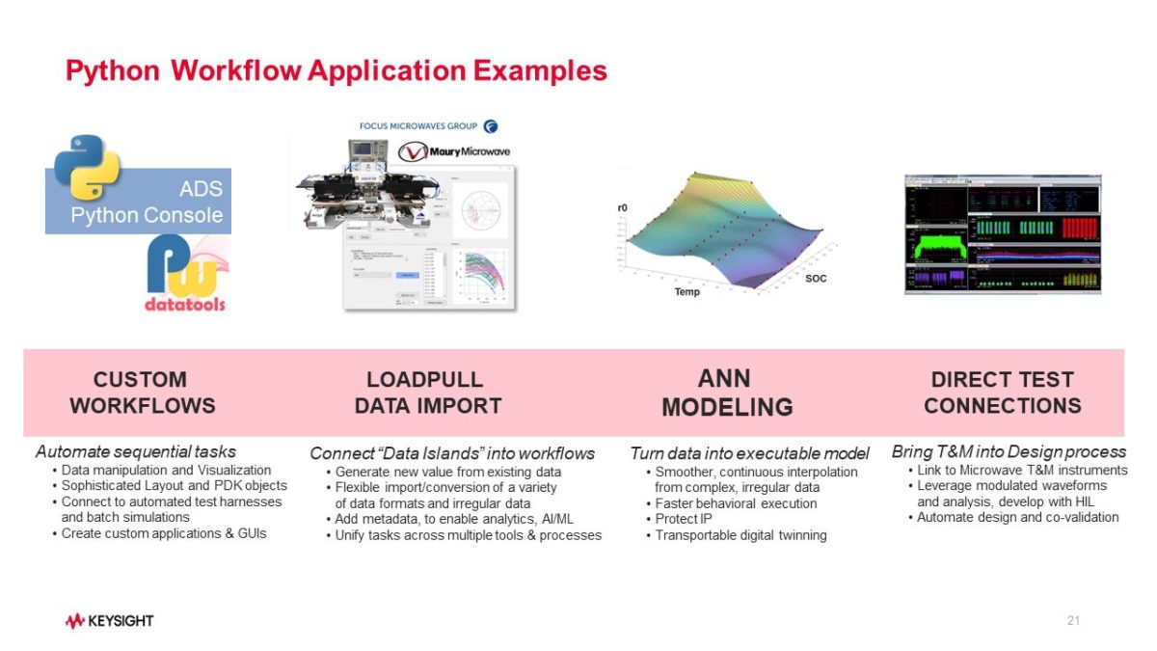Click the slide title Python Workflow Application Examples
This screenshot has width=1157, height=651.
pos(336,70)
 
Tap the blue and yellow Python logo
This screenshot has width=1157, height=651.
pos(87,166)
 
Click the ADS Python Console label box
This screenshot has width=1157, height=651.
pos(154,203)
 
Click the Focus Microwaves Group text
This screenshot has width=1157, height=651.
pos(419,126)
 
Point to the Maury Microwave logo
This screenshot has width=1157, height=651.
pos(455,151)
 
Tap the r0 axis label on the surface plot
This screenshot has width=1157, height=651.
pos(622,208)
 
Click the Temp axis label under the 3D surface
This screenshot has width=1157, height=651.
pos(686,291)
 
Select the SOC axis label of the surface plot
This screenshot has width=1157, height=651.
pos(815,279)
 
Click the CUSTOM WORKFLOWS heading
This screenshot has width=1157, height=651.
pos(141,392)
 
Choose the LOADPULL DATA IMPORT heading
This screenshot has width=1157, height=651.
pos(427,392)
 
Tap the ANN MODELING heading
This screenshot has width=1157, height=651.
pos(726,392)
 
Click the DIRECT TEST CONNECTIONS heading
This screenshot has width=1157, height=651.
pos(1002,392)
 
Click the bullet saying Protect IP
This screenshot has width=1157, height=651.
pos(684,519)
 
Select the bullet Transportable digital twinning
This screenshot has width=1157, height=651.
pos(740,534)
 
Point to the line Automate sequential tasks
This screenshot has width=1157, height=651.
pos(135,451)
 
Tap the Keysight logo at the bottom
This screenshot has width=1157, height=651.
pos(109,620)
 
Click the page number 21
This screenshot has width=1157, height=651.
pos(1073,620)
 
